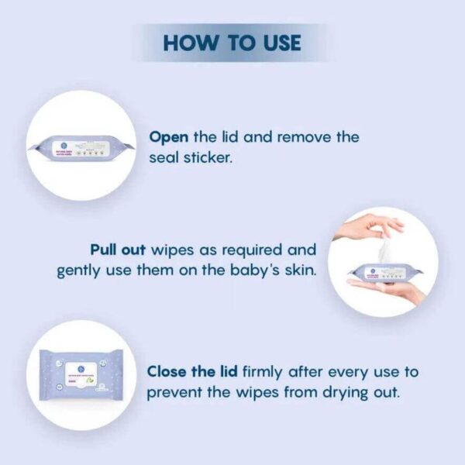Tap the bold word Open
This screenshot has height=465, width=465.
point(168,137)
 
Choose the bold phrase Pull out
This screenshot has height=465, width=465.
point(119,250)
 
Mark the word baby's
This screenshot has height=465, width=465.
point(229,270)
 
